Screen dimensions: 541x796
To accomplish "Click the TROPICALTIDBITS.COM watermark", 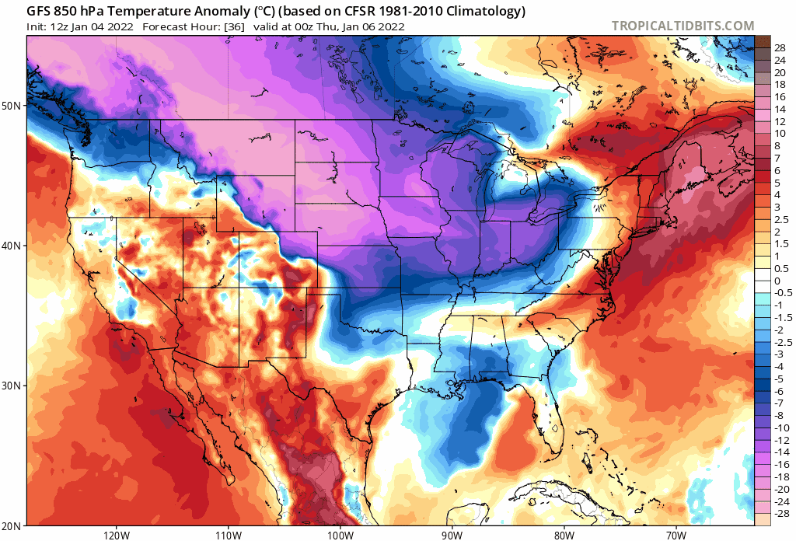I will (x=683, y=26).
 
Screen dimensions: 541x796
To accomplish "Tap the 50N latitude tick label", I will (x=14, y=105).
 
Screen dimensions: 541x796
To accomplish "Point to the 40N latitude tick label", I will (x=14, y=246).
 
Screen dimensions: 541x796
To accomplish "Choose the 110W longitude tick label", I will (x=228, y=535).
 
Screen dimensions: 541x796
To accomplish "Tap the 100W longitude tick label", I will (x=340, y=535).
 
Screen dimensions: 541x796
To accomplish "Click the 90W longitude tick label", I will (x=452, y=535).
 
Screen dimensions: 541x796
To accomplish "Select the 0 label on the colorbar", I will (x=777, y=281).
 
